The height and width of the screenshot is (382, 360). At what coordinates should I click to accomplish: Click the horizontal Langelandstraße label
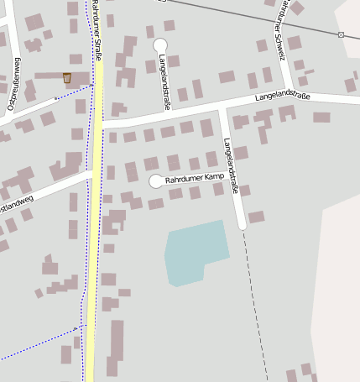283,97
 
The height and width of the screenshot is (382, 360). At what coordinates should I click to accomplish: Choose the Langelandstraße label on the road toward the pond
232,165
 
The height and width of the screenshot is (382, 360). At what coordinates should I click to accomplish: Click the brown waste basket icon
67,78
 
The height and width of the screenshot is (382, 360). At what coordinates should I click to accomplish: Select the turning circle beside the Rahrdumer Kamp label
155,181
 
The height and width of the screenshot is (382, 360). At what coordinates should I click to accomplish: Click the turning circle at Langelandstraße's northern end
160,44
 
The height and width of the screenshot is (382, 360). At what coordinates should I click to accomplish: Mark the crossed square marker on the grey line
341,34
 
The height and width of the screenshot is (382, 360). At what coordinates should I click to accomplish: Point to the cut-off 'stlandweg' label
16,202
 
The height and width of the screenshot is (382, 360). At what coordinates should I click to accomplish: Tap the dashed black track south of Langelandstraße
254,302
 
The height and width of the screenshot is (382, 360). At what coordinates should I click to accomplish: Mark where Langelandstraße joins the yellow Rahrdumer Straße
98,123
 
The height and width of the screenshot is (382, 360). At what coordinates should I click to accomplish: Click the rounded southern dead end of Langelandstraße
243,225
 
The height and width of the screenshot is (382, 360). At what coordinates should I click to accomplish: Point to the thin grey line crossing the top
252,18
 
